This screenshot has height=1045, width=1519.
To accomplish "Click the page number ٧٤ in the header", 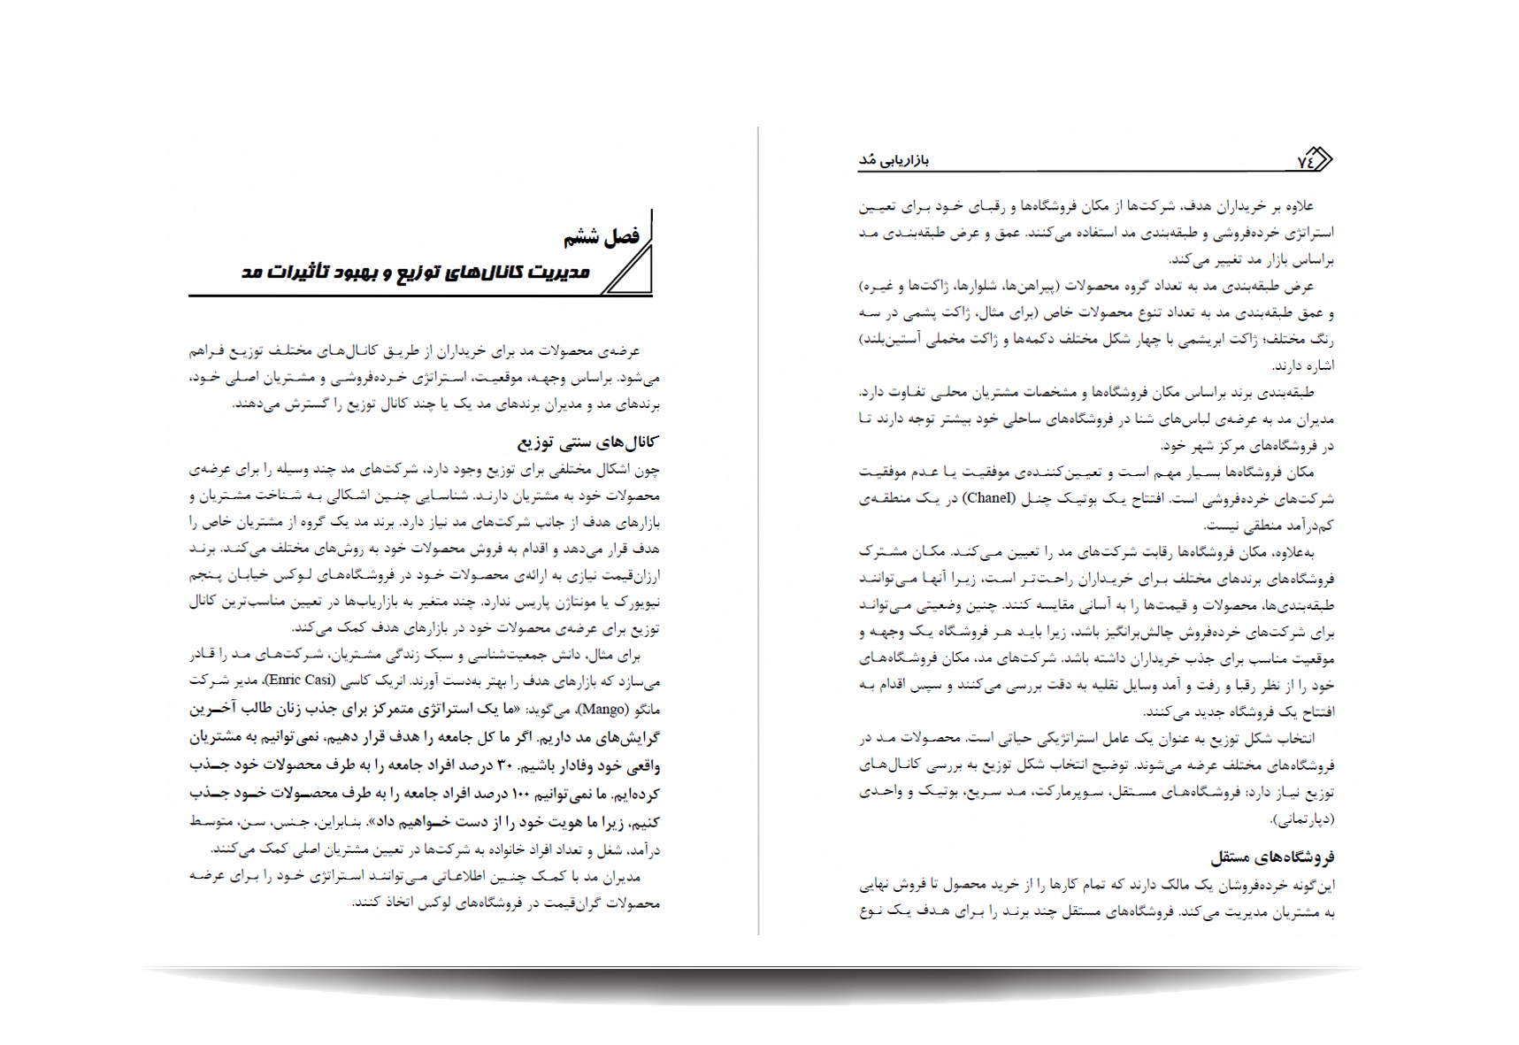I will [x=1305, y=161].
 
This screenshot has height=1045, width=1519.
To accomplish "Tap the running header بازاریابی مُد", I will [x=894, y=160].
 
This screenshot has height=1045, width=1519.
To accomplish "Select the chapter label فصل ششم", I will [x=601, y=237].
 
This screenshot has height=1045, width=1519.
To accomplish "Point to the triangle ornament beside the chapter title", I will [x=630, y=271].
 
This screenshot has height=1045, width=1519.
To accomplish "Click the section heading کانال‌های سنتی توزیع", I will [x=587, y=442].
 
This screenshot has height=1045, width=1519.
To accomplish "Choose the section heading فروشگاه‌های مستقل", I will [x=1272, y=857].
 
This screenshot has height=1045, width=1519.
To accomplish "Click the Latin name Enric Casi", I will [x=300, y=680].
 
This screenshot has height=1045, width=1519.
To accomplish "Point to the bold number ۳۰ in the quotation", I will [x=503, y=765].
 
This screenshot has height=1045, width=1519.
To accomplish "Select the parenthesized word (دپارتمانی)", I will [x=1302, y=818].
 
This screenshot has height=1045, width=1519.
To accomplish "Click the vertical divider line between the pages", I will [x=758, y=531].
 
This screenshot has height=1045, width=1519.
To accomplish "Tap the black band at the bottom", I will [x=761, y=987].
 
